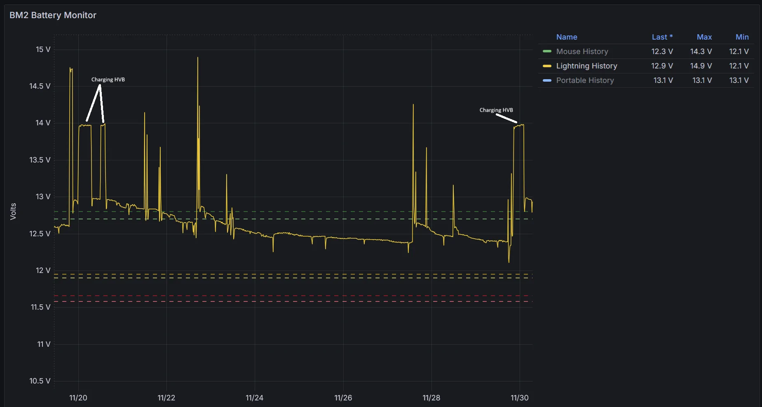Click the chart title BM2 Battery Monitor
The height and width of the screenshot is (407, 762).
point(53,15)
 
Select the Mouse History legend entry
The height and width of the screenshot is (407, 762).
point(582,52)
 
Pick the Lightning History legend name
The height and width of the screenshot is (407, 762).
point(586,66)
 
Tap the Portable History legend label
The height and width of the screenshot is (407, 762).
point(585,80)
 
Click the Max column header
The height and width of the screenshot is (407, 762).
point(704,37)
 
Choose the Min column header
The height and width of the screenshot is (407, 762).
point(742,37)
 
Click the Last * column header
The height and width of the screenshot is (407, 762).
point(662,37)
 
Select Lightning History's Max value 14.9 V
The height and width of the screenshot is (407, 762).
point(701,66)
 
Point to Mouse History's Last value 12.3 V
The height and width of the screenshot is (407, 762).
point(662,52)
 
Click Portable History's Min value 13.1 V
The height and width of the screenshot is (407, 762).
point(739,80)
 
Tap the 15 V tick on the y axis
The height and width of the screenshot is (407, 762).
point(43,49)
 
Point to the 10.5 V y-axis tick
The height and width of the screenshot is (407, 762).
point(40,381)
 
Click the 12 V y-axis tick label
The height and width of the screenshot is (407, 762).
point(43,271)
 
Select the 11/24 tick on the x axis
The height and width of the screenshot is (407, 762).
point(254,398)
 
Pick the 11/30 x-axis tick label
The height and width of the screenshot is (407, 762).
point(519,398)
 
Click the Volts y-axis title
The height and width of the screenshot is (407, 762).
point(13,211)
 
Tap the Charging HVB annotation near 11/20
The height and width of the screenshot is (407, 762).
point(108,80)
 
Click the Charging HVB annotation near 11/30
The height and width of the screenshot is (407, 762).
point(496,110)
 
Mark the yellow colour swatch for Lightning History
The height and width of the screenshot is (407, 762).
point(547,66)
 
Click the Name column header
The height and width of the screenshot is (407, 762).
point(566,37)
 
